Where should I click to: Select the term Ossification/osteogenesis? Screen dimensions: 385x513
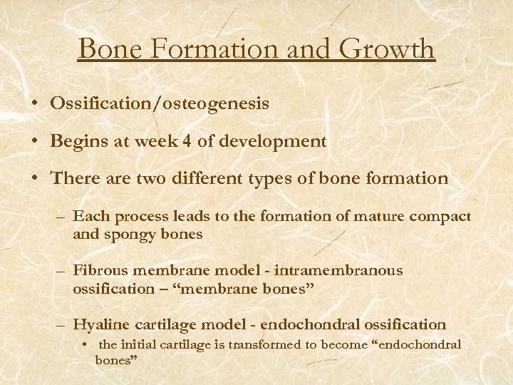click(x=160, y=104)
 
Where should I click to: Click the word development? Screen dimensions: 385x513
click(x=279, y=141)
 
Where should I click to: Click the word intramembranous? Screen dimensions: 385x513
click(x=348, y=270)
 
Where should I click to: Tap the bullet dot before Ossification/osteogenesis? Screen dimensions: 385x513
click(x=35, y=105)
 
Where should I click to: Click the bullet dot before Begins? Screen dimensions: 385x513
click(x=35, y=142)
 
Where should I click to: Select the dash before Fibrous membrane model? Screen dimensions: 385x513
click(x=62, y=271)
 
